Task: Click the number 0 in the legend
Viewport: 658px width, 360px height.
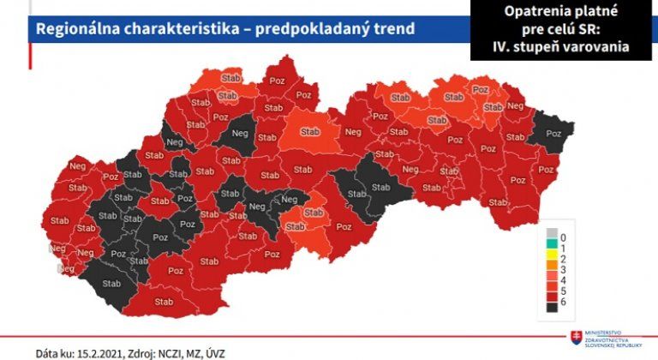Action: pyautogui.click(x=564, y=235)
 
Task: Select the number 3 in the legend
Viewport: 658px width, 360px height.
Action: pyautogui.click(x=564, y=268)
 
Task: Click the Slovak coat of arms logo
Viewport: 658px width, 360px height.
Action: pyautogui.click(x=575, y=337)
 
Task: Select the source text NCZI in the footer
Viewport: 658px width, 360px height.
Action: pyautogui.click(x=188, y=352)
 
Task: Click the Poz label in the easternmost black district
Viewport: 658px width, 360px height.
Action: pyautogui.click(x=554, y=135)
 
